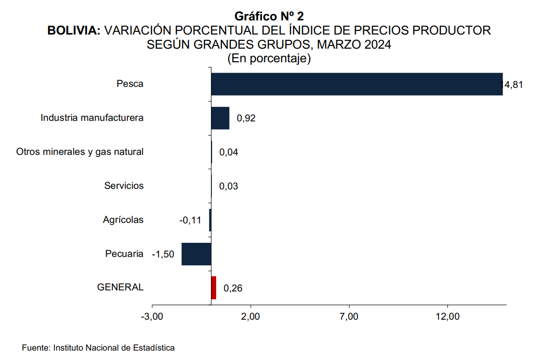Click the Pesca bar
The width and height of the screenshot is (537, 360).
coord(356,84)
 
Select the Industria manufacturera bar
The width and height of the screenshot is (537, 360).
coord(220,118)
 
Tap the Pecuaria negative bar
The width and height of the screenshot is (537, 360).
coord(196,254)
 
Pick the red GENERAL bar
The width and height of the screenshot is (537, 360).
coord(214,288)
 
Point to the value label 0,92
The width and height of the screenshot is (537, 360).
coord(246,118)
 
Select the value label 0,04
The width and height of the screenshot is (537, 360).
coord(229,152)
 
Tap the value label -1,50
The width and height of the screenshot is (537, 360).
coord(163,255)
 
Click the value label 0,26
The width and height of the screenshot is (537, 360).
coord(232,288)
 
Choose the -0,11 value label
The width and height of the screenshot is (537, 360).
coord(191,220)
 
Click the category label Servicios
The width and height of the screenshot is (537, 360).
coord(124,186)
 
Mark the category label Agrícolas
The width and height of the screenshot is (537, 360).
coord(123,220)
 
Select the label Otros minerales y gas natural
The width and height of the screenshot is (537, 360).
coord(80,152)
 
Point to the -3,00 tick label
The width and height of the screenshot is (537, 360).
coord(152,317)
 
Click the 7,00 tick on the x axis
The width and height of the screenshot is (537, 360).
coord(349,317)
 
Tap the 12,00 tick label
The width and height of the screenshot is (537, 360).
coord(447,317)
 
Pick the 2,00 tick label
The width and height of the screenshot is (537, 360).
coord(251,317)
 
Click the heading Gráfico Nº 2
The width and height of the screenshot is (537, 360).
coord(269,17)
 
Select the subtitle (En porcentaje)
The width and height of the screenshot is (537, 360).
coord(269,59)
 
